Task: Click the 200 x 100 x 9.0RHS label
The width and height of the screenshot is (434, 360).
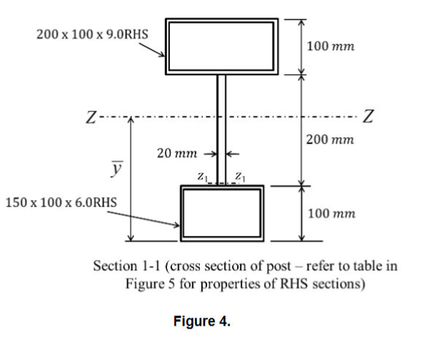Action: tap(82, 34)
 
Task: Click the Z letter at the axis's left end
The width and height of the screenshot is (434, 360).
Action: tap(88, 117)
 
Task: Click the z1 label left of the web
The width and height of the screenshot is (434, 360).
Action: tap(204, 176)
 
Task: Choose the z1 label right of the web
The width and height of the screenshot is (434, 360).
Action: tap(241, 176)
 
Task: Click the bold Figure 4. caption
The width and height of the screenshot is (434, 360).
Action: tap(201, 319)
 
